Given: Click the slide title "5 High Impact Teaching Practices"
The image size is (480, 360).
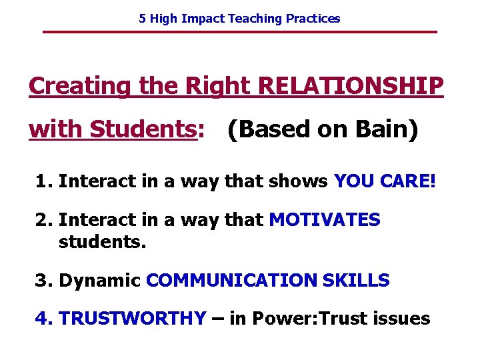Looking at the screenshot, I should [x=239, y=19].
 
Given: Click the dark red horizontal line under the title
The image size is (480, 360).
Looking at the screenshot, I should [x=239, y=32].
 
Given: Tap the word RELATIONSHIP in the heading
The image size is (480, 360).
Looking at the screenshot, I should [x=350, y=86].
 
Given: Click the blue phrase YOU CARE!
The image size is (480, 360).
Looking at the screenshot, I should [x=385, y=181].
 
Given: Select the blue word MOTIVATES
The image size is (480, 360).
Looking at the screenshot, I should [x=324, y=220].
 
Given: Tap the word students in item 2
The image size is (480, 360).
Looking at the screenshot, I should [x=102, y=241].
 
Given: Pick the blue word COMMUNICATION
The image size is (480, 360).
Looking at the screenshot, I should [x=231, y=281].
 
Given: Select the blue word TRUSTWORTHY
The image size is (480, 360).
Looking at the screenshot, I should [x=132, y=319].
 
